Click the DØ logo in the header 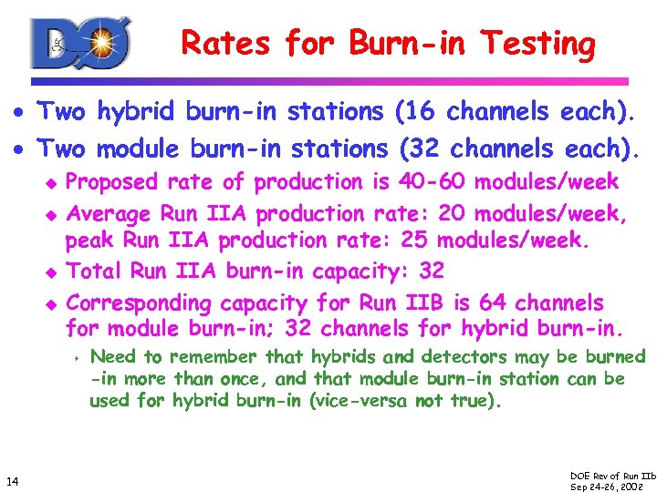pyautogui.click(x=81, y=43)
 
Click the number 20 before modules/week pyautogui.click(x=454, y=214)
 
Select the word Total pyautogui.click(x=96, y=272)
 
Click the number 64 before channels pyautogui.click(x=501, y=302)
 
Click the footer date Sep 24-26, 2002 pyautogui.click(x=606, y=486)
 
